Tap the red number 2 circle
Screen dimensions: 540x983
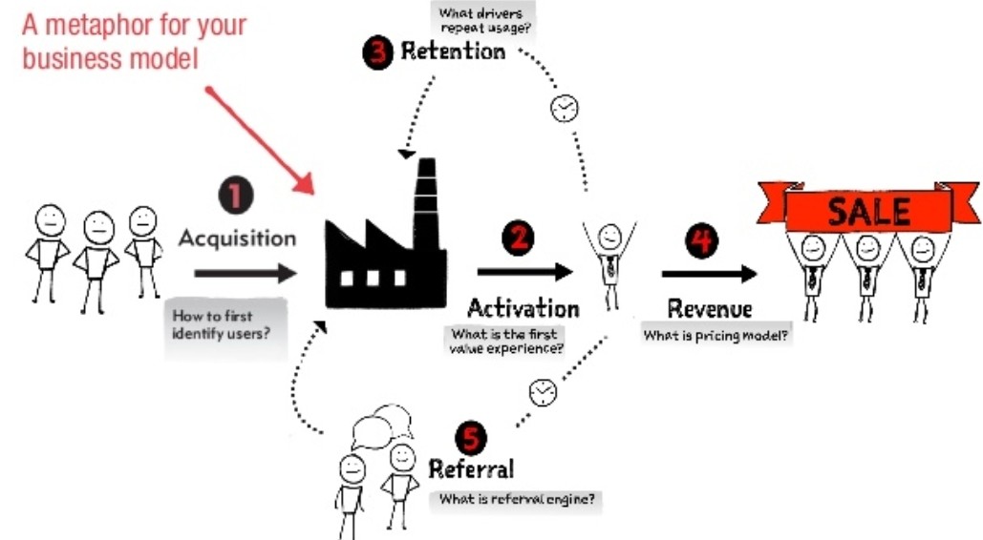pyautogui.click(x=519, y=238)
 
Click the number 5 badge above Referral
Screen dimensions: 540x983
pyautogui.click(x=469, y=437)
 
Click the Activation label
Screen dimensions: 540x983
pyautogui.click(x=523, y=307)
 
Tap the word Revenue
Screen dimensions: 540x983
pyautogui.click(x=709, y=308)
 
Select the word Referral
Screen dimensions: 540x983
pyautogui.click(x=471, y=468)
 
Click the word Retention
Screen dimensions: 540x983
pyautogui.click(x=453, y=52)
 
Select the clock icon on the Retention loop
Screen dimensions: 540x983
pyautogui.click(x=565, y=108)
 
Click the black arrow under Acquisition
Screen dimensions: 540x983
pyautogui.click(x=246, y=274)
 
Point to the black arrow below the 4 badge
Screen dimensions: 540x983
pyautogui.click(x=709, y=275)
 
